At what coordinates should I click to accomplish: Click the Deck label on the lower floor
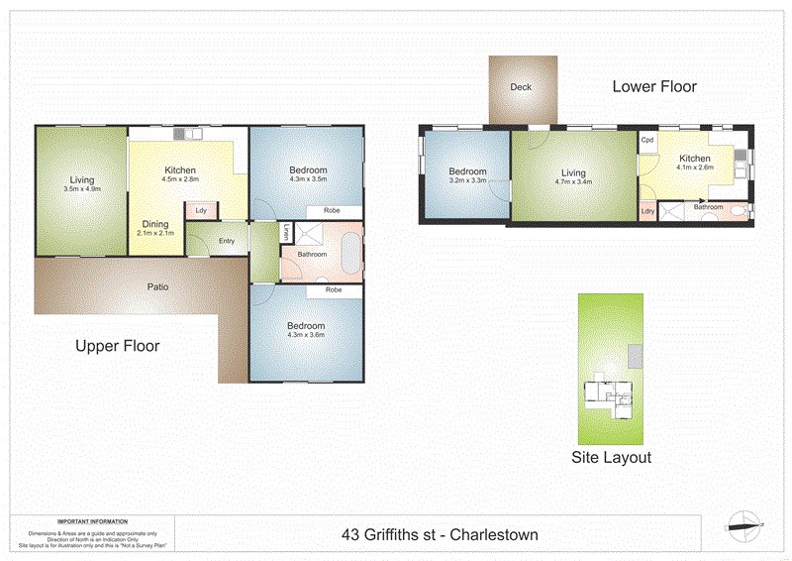[x=521, y=87]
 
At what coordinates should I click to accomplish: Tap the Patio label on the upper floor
[x=157, y=287]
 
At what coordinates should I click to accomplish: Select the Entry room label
[x=227, y=241]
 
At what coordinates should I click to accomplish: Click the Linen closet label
[x=284, y=234]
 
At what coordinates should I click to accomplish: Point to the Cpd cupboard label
[x=648, y=141]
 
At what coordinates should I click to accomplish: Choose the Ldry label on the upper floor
[x=202, y=210]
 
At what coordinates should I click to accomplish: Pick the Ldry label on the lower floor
[x=647, y=211]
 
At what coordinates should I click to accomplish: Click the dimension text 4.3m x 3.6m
[x=306, y=336]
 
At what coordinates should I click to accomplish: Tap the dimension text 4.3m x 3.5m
[x=308, y=179]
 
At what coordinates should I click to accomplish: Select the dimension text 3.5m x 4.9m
[x=81, y=189]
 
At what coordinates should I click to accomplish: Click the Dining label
[x=155, y=224]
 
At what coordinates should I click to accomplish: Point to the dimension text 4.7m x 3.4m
[x=573, y=181]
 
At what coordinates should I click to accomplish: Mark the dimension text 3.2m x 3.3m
[x=467, y=181]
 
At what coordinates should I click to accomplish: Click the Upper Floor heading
[x=118, y=347]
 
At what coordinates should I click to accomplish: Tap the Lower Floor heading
[x=654, y=87]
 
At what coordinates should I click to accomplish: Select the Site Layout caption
[x=612, y=458]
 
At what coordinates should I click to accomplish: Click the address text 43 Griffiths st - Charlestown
[x=441, y=535]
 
